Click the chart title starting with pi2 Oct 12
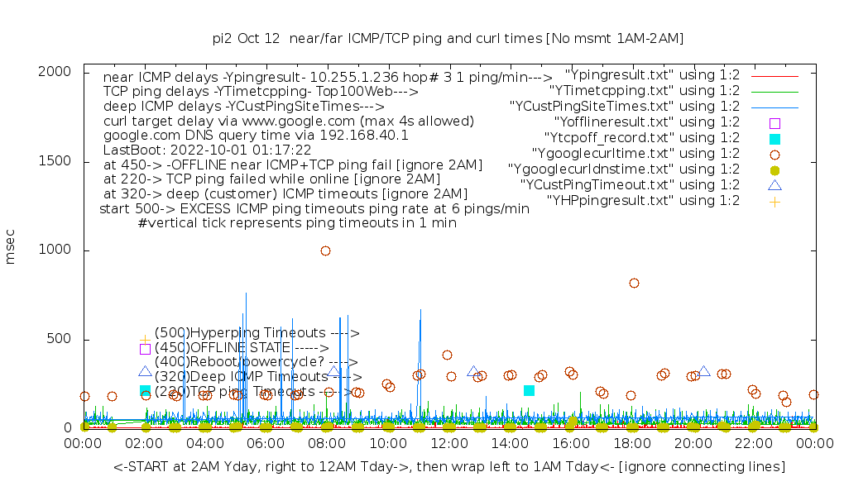pos(448,38)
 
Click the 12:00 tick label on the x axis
pos(449,445)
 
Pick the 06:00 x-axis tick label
pos(266,445)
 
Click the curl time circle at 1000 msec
pos(326,250)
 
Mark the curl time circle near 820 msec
pos(634,283)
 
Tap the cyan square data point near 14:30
pos(529,390)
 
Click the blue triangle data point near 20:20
pos(704,372)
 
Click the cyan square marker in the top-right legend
pos(774,138)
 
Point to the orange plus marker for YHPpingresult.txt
pos(774,201)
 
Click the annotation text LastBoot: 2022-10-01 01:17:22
pos(207,150)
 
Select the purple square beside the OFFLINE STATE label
pos(145,349)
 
